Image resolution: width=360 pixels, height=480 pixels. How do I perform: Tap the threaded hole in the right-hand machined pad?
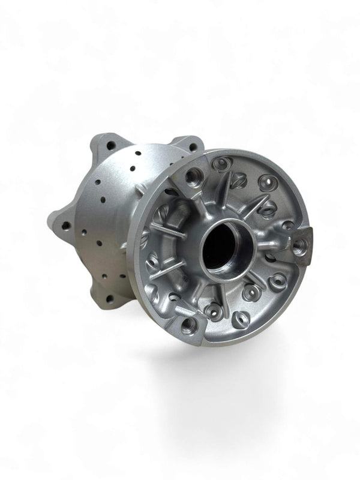tap(299, 244)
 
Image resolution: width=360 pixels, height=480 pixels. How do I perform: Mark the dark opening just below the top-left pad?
tap(173, 193)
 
